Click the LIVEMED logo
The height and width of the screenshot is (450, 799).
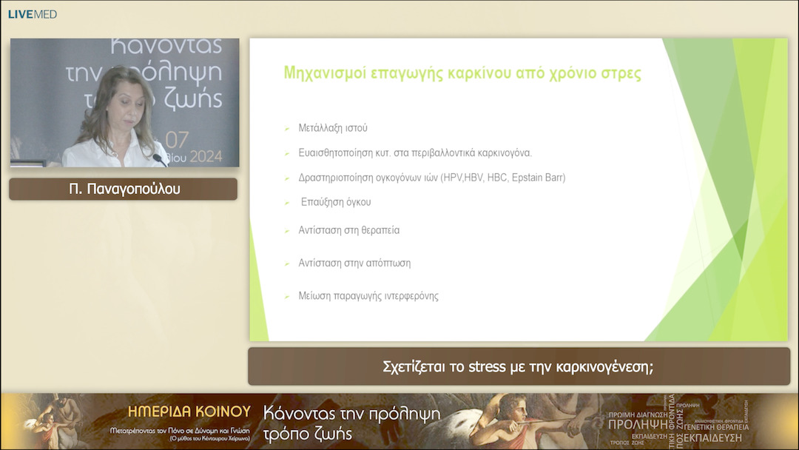pos(32,14)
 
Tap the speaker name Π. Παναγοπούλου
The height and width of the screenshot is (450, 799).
pos(124,189)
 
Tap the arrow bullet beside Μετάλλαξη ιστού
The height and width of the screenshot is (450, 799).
pos(286,129)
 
